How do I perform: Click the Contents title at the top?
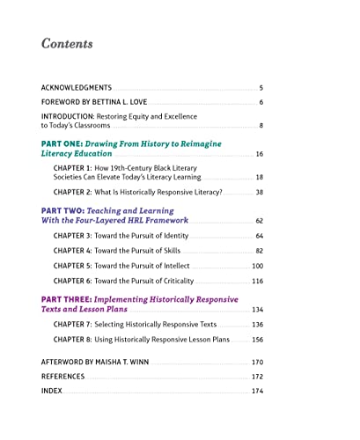pos(67,44)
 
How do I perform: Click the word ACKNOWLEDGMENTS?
pos(77,88)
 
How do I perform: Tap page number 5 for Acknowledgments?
pos(261,88)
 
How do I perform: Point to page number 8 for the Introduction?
pos(261,126)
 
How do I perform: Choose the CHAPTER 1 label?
pos(74,167)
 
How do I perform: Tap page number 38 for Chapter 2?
pos(259,192)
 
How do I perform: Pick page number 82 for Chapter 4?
pos(259,251)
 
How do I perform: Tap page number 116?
pos(257,281)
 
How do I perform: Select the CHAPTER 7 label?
pos(74,324)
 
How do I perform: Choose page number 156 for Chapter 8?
pos(257,339)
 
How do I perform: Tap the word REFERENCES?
pos(63,376)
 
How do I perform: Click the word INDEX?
pos(52,391)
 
